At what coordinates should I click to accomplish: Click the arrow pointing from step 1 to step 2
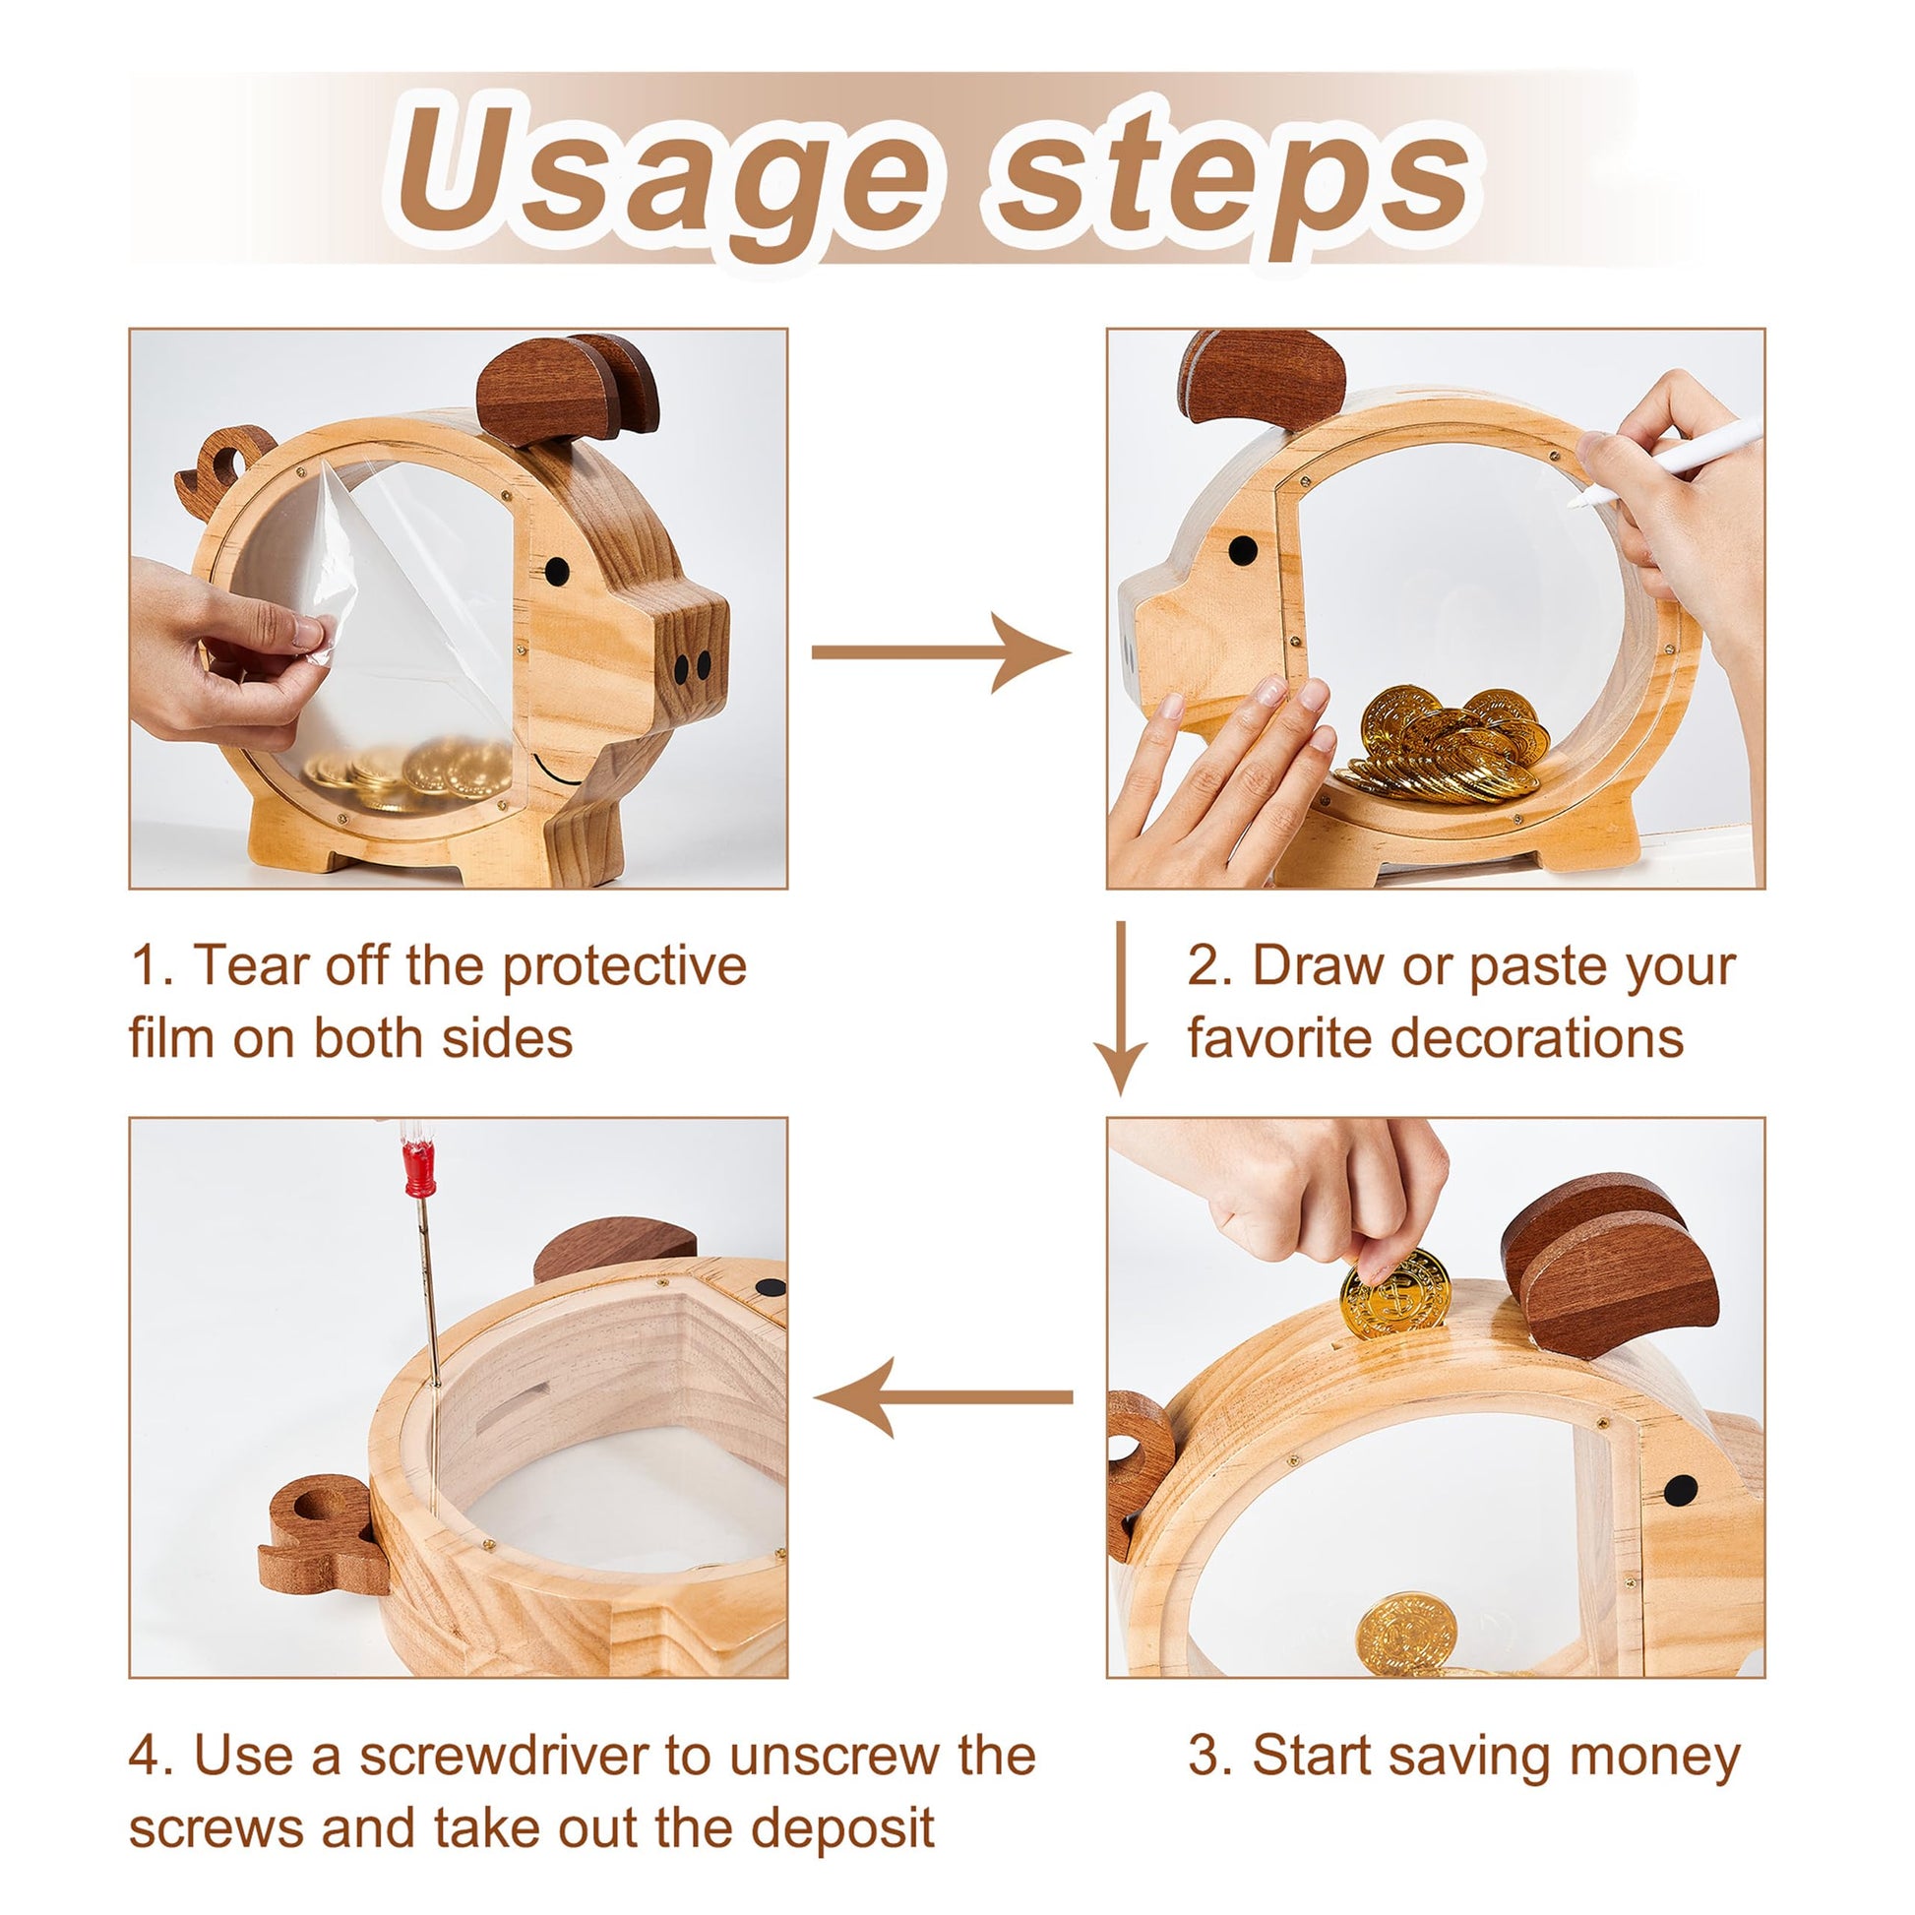coord(941,651)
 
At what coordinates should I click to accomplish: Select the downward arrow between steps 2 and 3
coord(1121,1008)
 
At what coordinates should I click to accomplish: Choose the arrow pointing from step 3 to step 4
coord(944,1397)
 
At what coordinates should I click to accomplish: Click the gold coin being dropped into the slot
coord(1395,1294)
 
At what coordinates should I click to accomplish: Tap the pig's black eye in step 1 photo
coord(557,571)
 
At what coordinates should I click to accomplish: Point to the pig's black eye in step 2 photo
coord(1243,550)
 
